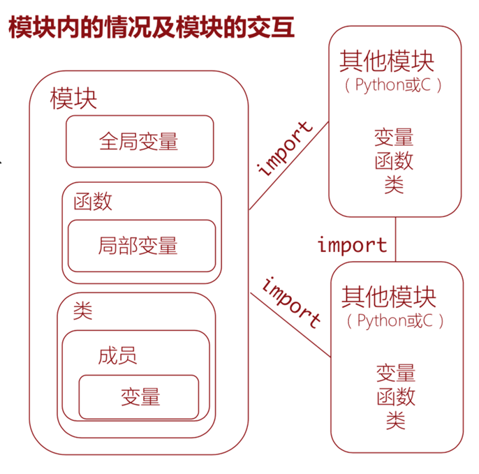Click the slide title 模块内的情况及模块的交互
tap(151, 28)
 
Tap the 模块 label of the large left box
tap(73, 99)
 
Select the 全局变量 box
tap(140, 142)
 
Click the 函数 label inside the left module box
tap(93, 202)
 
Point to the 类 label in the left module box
tap(82, 311)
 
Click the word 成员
tap(117, 356)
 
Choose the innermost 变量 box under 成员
tap(140, 397)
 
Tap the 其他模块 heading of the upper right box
tap(388, 61)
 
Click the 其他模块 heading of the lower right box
tap(389, 297)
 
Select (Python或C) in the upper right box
tap(393, 86)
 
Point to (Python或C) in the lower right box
tap(395, 321)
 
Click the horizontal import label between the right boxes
tap(352, 245)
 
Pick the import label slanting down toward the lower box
tap(291, 302)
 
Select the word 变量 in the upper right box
tap(394, 137)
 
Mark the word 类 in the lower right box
tap(395, 420)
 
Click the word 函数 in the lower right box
tap(396, 397)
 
